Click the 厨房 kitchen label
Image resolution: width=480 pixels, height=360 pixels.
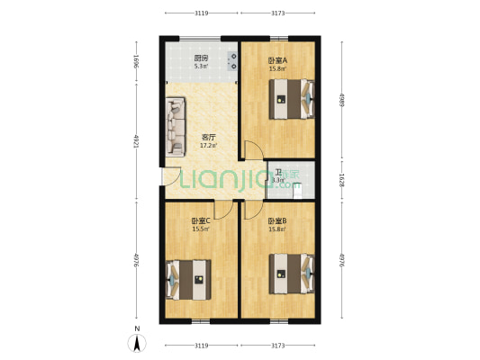(x=201, y=59)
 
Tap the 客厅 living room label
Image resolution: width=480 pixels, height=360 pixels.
(x=207, y=137)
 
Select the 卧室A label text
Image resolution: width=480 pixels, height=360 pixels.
(x=276, y=60)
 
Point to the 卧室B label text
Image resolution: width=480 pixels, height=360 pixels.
(x=276, y=220)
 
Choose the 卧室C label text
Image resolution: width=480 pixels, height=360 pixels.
(x=200, y=220)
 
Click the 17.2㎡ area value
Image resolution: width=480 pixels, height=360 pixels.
(x=207, y=145)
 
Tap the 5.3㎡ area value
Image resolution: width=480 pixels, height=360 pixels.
(x=201, y=67)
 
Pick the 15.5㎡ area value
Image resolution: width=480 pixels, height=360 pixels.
(x=200, y=229)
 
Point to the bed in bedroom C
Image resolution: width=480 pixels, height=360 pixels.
(x=188, y=278)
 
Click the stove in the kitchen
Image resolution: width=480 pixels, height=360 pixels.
(x=232, y=61)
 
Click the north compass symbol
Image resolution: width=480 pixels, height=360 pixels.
(x=136, y=342)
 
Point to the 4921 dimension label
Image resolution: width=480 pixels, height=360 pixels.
(x=135, y=141)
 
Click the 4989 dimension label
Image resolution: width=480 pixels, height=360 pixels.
(x=342, y=98)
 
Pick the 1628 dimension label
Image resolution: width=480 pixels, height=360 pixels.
(x=342, y=179)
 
